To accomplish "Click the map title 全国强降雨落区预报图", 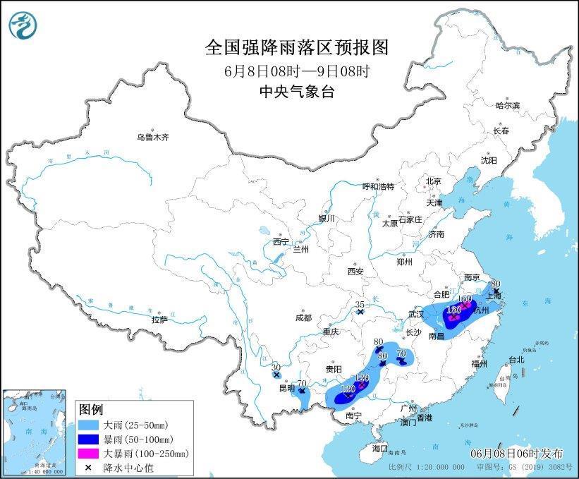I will tap(296, 47).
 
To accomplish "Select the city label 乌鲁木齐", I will tap(153, 137).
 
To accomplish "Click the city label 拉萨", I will tap(159, 320).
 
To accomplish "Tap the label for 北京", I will tap(433, 181).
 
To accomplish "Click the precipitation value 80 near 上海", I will tap(496, 283).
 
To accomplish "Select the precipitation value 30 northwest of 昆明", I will tap(276, 367).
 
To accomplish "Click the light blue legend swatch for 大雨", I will tap(90, 425).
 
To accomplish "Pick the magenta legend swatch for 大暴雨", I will tap(90, 453).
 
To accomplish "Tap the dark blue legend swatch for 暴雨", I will tap(90, 439).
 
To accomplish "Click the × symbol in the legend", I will tap(90, 466).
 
